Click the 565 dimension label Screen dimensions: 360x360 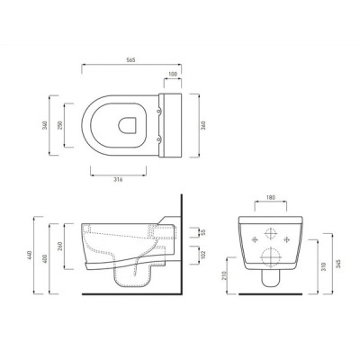pos(131,59)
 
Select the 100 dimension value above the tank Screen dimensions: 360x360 pos(173,74)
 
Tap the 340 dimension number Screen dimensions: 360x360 pos(45,125)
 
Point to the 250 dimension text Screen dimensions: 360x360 pos(59,125)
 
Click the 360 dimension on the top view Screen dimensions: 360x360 pos(203,125)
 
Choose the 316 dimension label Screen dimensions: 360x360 pos(119,180)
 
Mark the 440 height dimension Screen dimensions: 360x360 pos(30,255)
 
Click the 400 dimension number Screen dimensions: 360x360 pos(45,258)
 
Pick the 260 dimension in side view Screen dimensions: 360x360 pos(59,247)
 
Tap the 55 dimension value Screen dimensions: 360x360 pos(203,232)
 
